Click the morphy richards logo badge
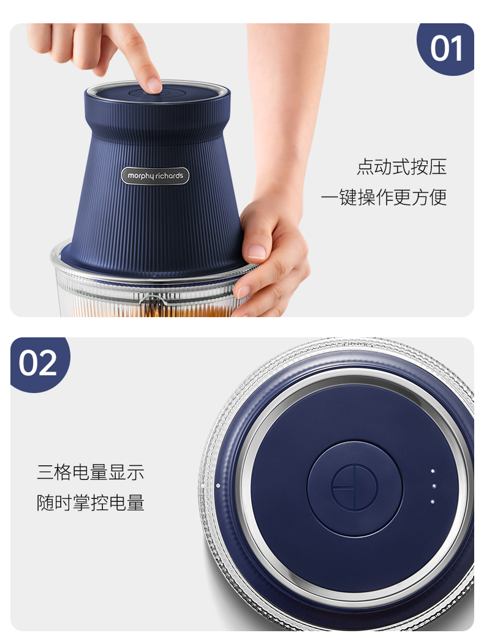tap(155, 176)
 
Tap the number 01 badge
tap(446, 48)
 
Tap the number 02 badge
tap(39, 363)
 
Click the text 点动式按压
tap(401, 167)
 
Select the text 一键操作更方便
tap(384, 197)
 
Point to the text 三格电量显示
tap(91, 472)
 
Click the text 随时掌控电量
tap(91, 503)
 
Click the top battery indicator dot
tap(433, 471)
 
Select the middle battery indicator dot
tap(434, 486)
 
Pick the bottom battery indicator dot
tap(433, 501)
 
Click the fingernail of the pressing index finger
tap(154, 85)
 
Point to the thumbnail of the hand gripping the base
tap(257, 252)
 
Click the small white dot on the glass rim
tap(218, 485)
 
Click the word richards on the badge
tap(169, 176)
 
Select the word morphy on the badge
tap(141, 176)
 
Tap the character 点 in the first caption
tap(365, 167)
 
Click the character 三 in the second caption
tap(45, 472)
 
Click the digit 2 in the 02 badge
tap(48, 363)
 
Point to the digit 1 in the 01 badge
tap(457, 48)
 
